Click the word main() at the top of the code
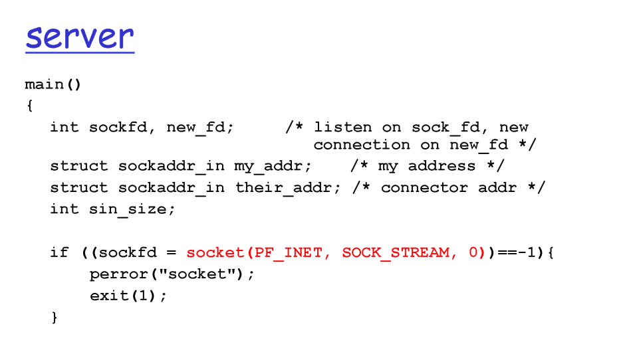53,85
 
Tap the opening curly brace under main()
29,106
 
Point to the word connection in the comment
362,145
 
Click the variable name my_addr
273,166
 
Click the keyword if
59,252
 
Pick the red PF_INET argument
293,252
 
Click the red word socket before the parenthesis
215,252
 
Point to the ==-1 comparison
517,252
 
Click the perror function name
118,274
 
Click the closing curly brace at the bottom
55,317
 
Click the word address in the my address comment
441,166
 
